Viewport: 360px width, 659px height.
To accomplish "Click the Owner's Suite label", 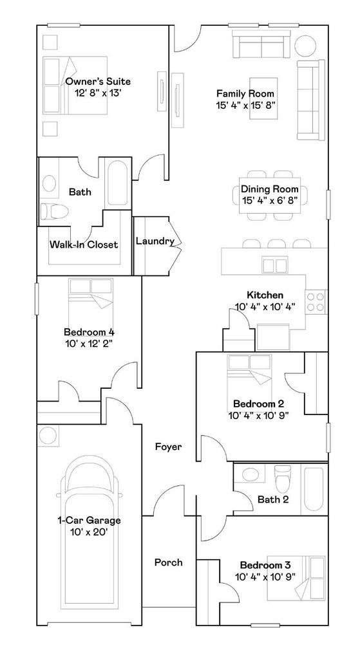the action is coord(98,82).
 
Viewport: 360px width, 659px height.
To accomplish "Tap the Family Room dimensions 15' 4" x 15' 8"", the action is coord(246,105).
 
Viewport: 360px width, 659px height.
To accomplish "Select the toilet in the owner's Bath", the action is coord(53,210).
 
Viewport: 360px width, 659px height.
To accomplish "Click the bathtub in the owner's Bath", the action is coord(118,183).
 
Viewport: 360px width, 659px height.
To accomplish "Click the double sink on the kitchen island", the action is coord(274,265).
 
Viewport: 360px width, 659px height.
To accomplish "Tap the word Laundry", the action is coord(155,241).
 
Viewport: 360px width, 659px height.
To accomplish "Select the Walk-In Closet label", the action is coord(84,245).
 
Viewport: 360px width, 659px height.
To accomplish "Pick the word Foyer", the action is coord(168,447).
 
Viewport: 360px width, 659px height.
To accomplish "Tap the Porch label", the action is coord(168,562).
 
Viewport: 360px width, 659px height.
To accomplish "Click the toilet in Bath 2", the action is coord(282,479).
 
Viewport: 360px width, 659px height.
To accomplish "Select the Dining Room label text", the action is coord(270,190).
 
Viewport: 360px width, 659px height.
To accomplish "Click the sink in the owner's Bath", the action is coord(50,183).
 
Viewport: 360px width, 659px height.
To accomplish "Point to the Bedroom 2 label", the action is coord(258,404).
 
